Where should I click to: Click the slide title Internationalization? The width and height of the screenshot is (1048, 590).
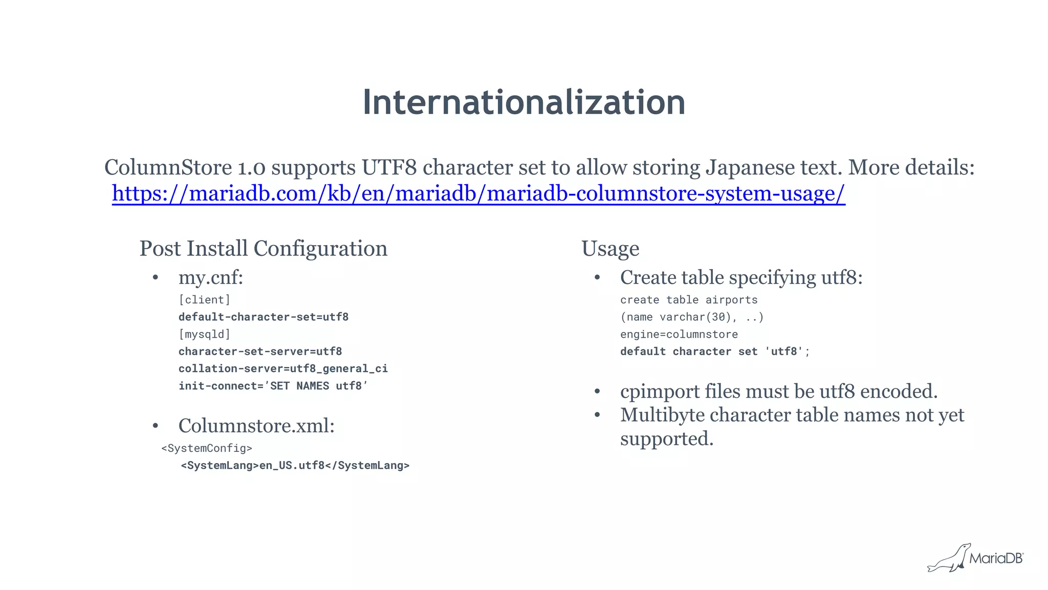click(524, 102)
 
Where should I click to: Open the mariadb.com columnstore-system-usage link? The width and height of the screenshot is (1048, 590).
click(478, 194)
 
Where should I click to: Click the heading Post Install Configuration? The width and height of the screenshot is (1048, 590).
click(264, 249)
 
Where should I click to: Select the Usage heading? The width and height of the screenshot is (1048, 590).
click(610, 249)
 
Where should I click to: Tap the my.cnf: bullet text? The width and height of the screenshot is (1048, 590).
click(210, 278)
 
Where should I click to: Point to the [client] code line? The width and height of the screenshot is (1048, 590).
click(204, 300)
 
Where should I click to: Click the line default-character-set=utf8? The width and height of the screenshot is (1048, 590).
click(264, 317)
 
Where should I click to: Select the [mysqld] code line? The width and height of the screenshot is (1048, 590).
click(204, 335)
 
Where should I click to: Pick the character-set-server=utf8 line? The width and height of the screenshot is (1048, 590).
click(260, 352)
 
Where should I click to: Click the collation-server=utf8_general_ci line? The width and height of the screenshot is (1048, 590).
click(283, 369)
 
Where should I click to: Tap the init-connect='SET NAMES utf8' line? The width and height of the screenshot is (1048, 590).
click(273, 386)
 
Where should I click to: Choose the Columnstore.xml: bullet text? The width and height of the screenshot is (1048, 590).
click(256, 426)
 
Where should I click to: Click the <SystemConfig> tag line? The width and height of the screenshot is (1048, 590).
click(207, 448)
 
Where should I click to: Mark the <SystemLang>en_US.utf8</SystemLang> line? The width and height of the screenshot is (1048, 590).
click(295, 466)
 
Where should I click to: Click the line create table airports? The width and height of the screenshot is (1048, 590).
click(689, 300)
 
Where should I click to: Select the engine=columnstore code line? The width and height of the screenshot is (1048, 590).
click(679, 335)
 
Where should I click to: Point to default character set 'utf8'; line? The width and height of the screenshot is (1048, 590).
click(715, 352)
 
